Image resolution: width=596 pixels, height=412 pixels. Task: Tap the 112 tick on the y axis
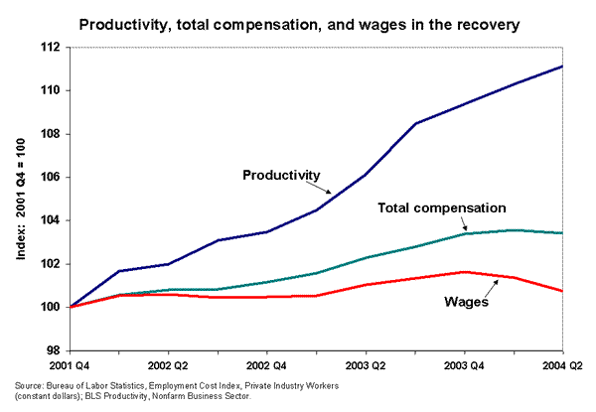[51, 47]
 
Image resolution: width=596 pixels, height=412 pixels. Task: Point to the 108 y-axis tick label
[51, 134]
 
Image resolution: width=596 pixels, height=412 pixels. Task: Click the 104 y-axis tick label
[51, 220]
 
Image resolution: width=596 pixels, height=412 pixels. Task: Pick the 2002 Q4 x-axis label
[267, 366]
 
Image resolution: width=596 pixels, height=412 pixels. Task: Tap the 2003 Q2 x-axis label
[366, 366]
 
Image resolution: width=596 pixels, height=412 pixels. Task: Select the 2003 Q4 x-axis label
[465, 366]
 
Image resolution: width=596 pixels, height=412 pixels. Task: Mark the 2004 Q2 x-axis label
[563, 366]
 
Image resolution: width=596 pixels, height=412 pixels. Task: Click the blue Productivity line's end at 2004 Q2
[563, 67]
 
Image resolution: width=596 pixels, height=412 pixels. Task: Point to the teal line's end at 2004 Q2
[563, 233]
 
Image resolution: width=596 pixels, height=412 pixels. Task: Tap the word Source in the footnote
[30, 384]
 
